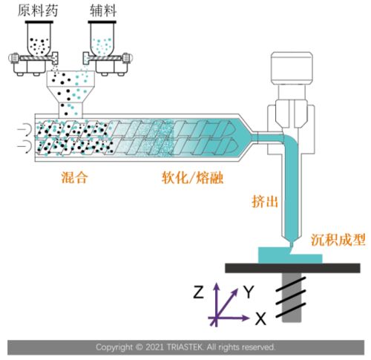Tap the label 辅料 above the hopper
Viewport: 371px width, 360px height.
(x=105, y=9)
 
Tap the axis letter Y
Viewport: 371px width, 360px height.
(x=249, y=292)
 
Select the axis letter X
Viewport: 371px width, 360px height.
(x=260, y=319)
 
